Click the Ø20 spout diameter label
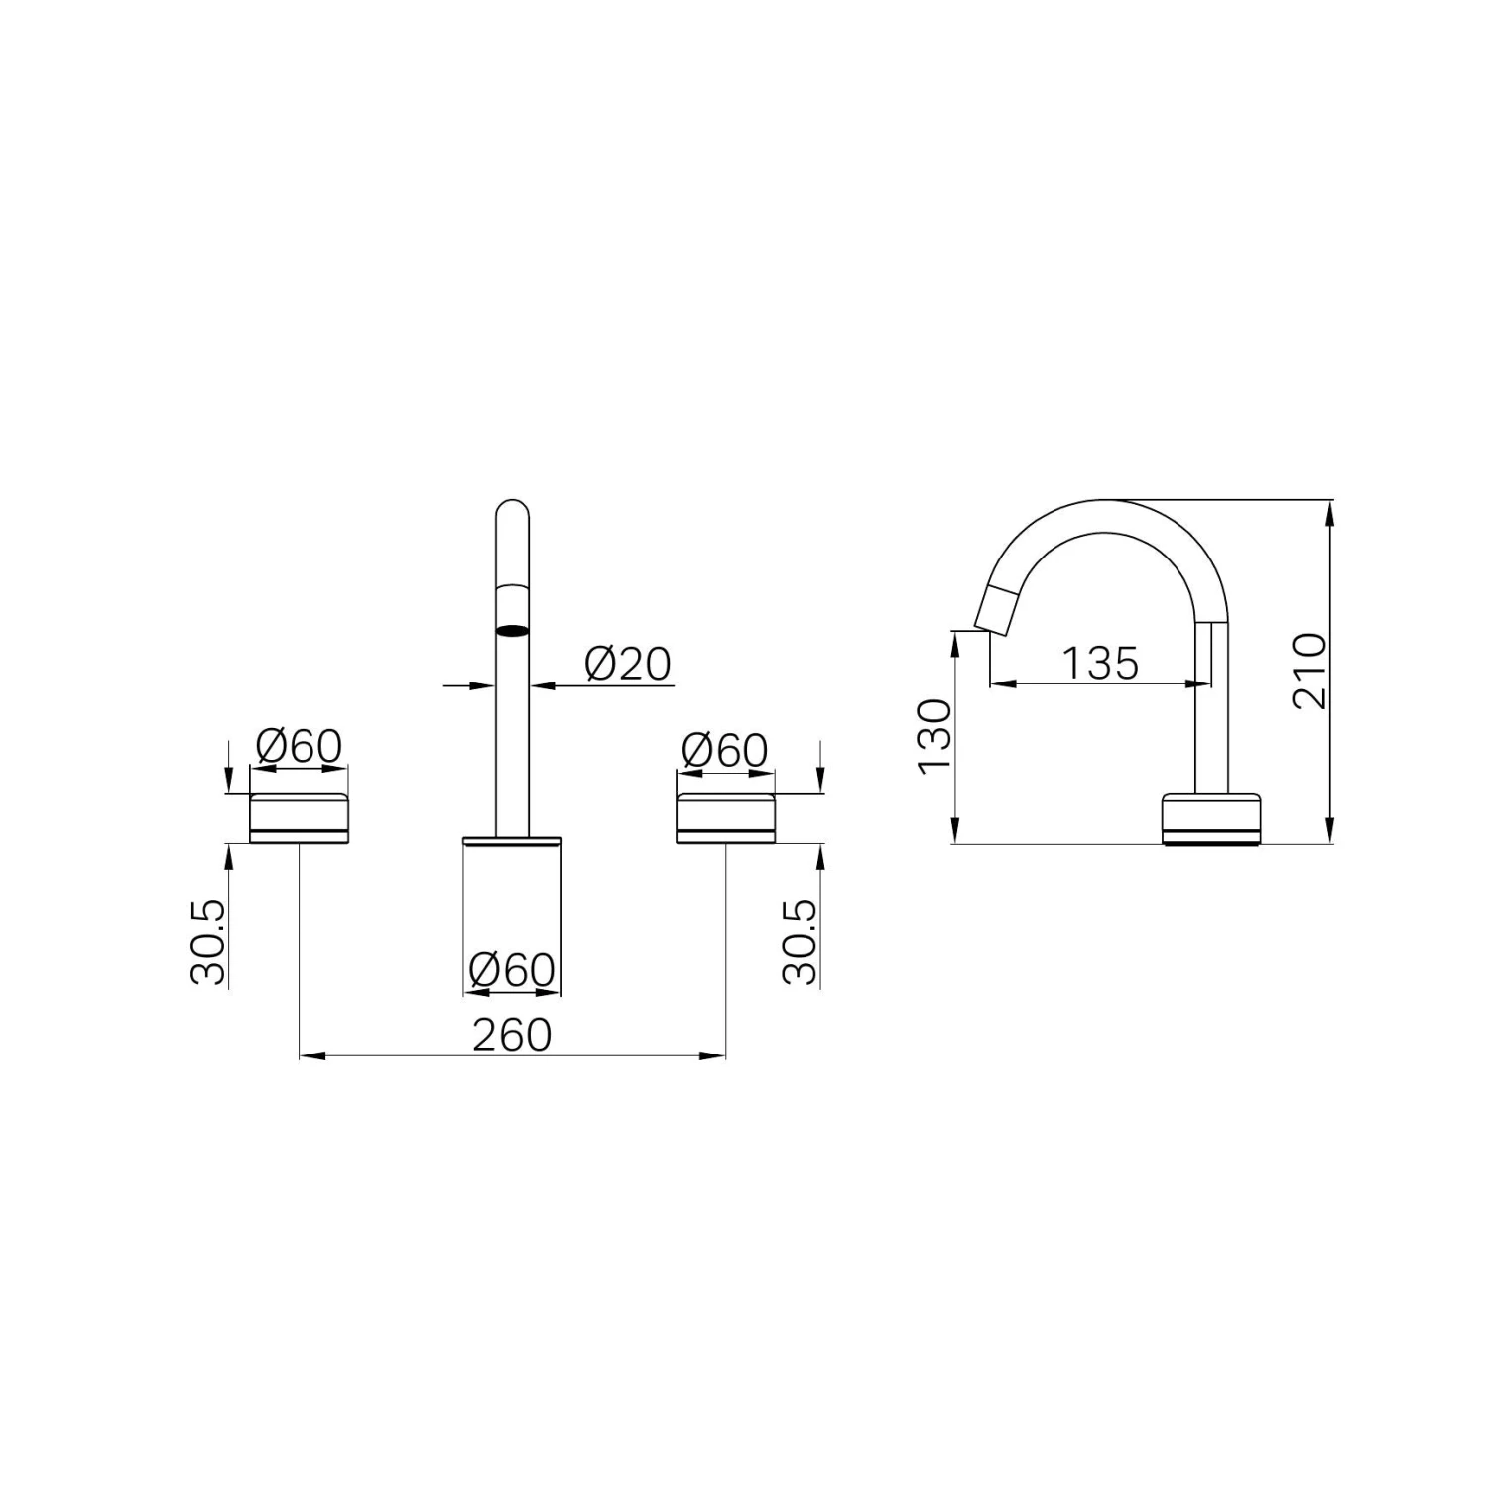627,663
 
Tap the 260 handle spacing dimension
512,1035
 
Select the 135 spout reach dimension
1100,663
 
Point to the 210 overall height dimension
1309,671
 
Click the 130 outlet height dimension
933,735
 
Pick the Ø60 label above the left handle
299,746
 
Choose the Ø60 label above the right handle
725,750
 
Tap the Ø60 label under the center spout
512,970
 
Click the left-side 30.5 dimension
208,941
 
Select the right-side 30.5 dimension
800,941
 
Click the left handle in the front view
299,818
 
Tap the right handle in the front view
725,818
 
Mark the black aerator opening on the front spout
512,630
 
